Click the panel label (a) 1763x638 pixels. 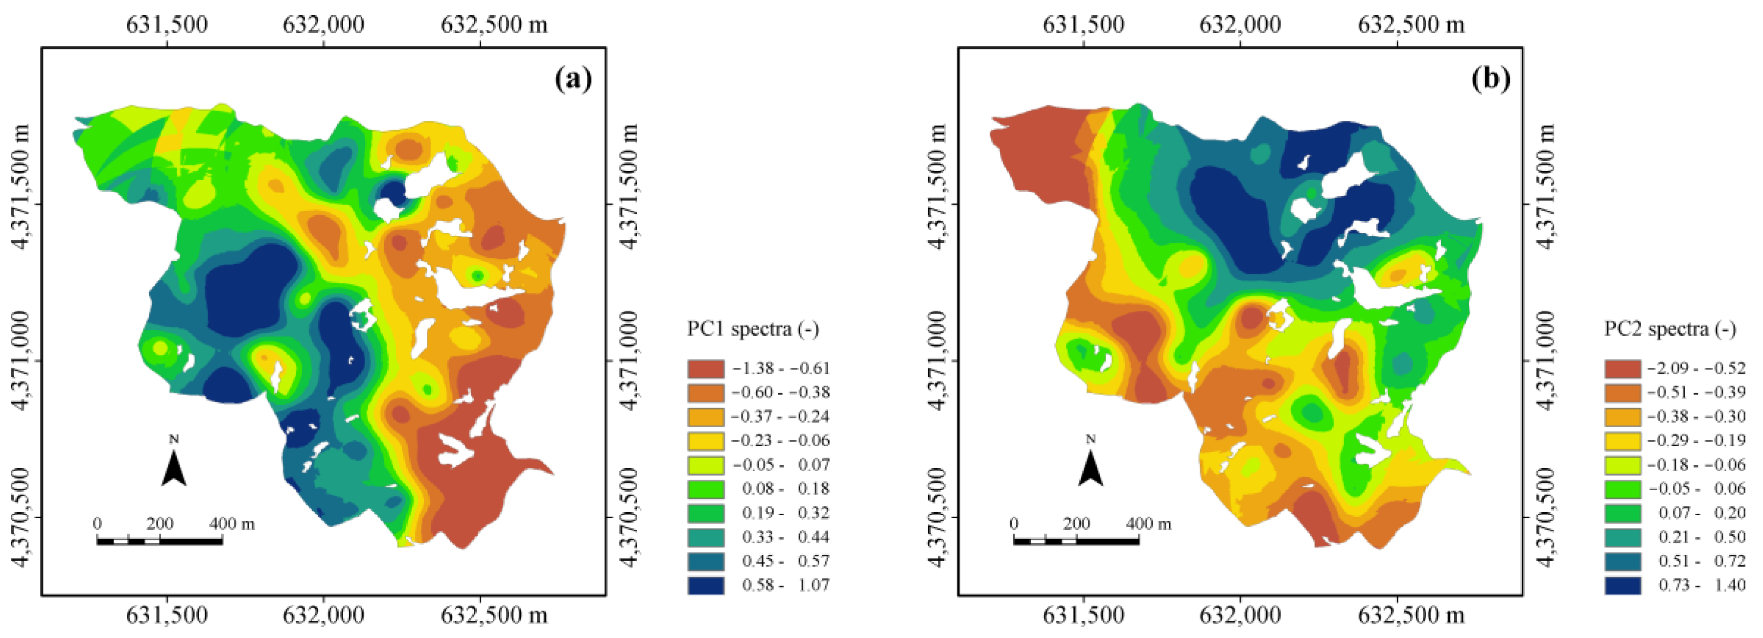tap(572, 79)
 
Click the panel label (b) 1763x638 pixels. tap(1490, 79)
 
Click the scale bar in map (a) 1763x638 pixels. tap(160, 542)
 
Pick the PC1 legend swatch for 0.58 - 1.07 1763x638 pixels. tap(706, 585)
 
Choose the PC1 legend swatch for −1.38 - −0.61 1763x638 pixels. tap(706, 368)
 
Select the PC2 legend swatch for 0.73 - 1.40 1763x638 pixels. tap(1623, 585)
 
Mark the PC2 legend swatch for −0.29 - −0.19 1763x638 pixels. tap(1623, 441)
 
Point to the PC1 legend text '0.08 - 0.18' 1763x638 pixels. tap(786, 489)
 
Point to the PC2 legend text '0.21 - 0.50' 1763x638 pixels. tap(1702, 537)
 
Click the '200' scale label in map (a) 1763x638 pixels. tap(160, 524)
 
